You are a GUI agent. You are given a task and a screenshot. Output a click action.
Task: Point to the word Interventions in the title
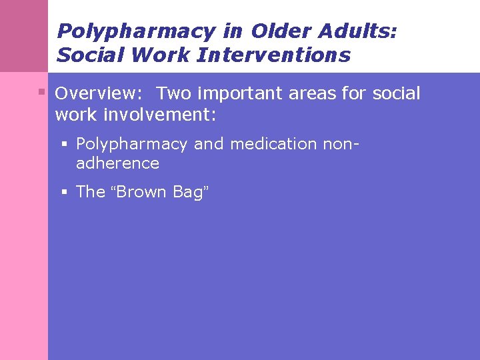pos(273,55)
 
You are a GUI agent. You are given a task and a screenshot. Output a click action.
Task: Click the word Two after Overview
pos(174,93)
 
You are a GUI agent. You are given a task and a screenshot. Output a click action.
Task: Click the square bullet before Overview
pos(41,91)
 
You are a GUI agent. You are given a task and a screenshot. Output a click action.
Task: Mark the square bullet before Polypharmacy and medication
pos(65,143)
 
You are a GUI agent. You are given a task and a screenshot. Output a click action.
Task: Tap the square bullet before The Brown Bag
pos(65,192)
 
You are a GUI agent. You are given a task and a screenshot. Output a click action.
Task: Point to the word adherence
pos(117,163)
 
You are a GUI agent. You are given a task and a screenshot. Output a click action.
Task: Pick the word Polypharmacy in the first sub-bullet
pos(132,144)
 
